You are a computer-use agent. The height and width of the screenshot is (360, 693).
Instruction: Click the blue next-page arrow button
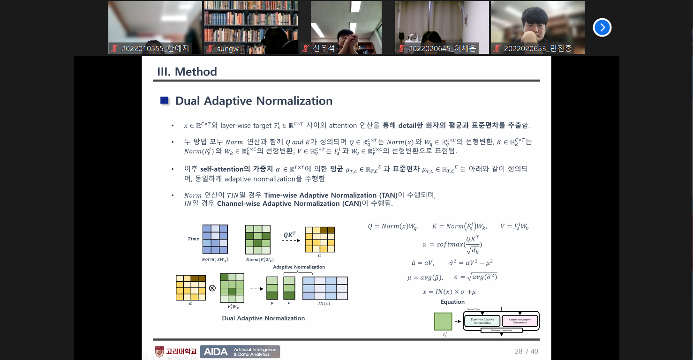tap(602, 28)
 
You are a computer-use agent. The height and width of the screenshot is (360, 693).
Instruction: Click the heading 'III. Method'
tap(187, 72)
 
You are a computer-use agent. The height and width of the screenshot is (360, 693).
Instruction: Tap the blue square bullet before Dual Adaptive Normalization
tap(164, 100)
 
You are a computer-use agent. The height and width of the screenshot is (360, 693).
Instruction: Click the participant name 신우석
tap(324, 48)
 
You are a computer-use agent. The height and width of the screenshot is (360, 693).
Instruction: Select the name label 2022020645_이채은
tap(442, 48)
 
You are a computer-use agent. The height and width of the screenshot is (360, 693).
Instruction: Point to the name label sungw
tap(228, 48)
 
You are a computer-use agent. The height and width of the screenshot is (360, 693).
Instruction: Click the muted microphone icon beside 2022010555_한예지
tap(114, 48)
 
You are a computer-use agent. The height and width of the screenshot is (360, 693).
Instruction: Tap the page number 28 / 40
tap(526, 351)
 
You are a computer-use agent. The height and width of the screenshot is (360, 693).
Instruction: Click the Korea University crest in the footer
tap(159, 352)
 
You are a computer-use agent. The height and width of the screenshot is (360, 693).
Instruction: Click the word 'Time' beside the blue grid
tap(193, 239)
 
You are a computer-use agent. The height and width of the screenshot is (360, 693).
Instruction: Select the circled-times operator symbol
tap(212, 288)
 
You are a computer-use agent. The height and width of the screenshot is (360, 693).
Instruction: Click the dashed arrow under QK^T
tap(291, 240)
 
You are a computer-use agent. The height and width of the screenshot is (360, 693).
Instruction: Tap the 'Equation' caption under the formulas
tap(452, 302)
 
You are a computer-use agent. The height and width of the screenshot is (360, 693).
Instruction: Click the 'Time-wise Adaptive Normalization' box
tap(482, 321)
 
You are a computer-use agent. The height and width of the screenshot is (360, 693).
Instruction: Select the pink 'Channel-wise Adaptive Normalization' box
tap(520, 321)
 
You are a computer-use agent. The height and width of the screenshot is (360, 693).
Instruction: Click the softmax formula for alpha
tap(452, 244)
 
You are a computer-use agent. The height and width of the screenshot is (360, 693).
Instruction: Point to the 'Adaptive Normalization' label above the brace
tap(299, 267)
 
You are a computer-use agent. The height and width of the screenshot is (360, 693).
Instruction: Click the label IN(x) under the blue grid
tap(324, 303)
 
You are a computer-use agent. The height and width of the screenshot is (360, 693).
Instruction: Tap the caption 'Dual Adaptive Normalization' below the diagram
tap(264, 318)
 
